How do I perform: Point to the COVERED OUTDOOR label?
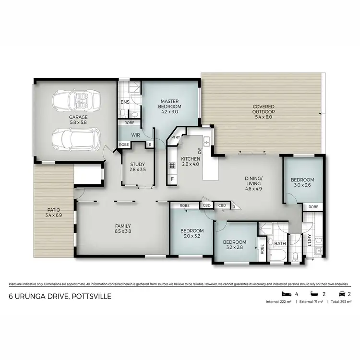[x=260, y=109]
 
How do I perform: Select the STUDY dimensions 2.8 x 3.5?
[x=137, y=170]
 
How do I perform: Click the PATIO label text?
[x=53, y=210]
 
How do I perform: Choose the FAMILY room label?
[x=122, y=226]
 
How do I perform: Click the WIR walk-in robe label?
[x=135, y=135]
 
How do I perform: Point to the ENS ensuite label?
[x=124, y=102]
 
